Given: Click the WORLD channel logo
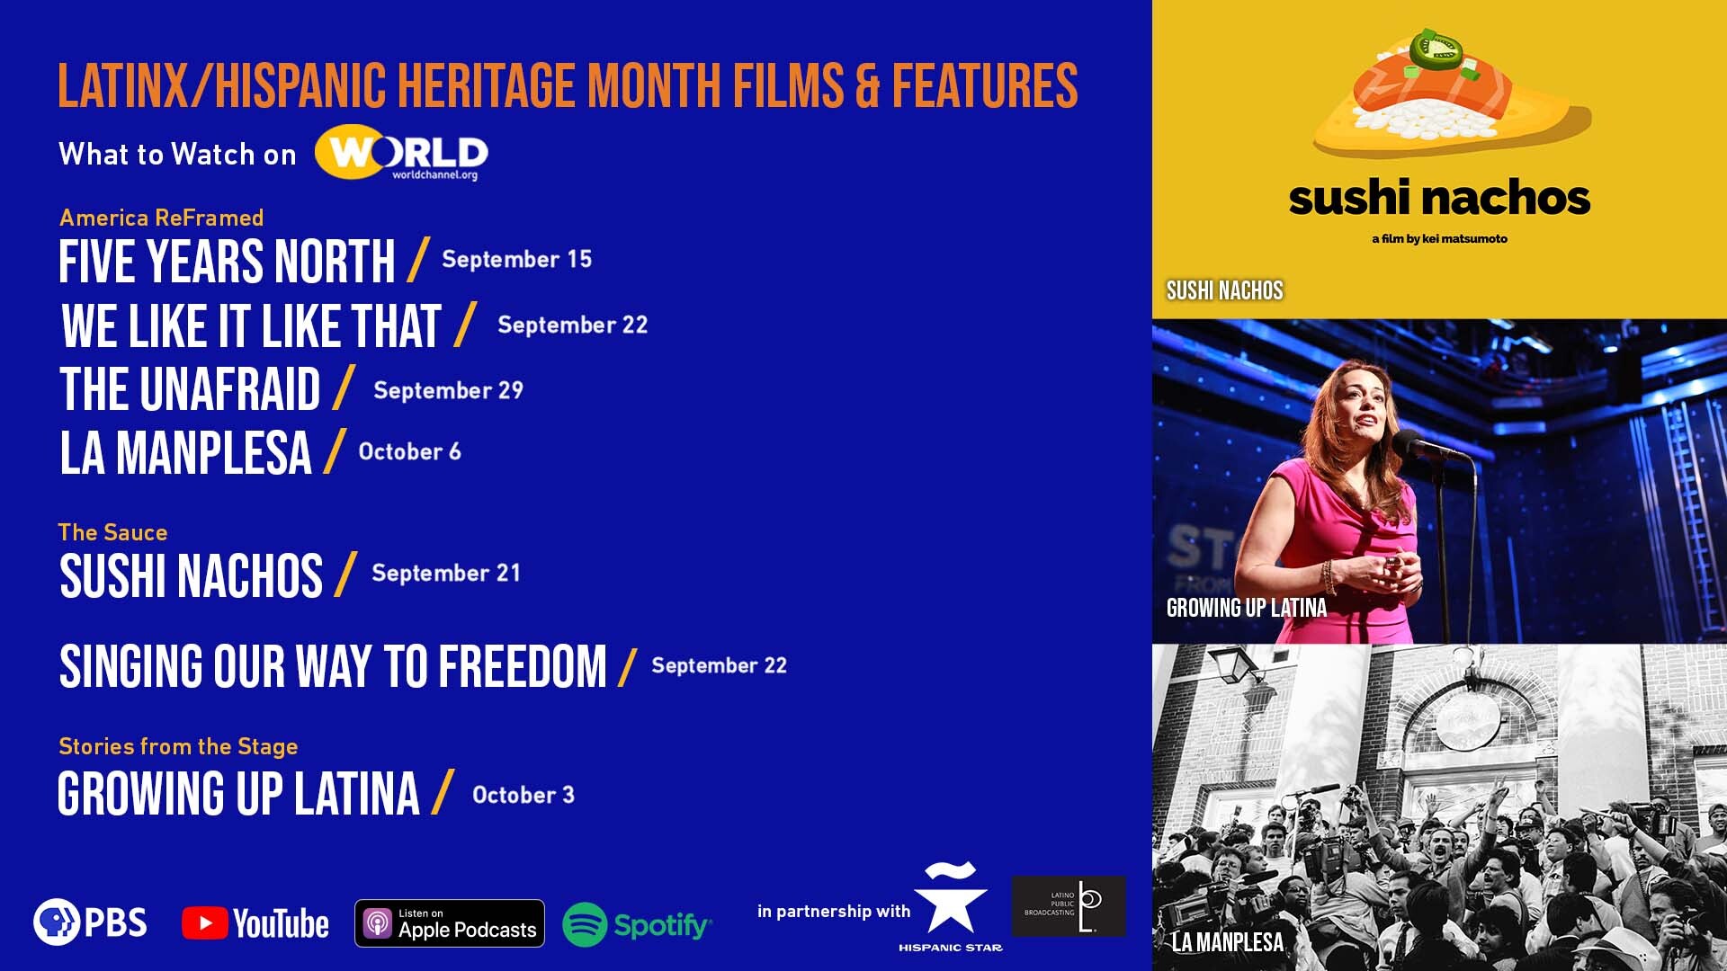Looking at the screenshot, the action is coord(401,152).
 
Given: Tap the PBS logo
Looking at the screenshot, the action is coord(90,922).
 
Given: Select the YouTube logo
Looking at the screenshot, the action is coord(255,923).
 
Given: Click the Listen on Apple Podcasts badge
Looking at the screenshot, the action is coord(450,923).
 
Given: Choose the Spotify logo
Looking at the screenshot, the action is coord(637,924).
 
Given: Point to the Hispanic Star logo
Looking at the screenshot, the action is coord(951,906).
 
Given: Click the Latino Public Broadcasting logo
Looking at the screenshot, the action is coord(1069,906).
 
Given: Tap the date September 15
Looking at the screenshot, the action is coord(517,259).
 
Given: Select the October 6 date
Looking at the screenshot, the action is coord(410,451).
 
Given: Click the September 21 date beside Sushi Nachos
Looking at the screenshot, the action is coord(446,573).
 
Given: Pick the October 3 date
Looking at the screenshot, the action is coord(523,795).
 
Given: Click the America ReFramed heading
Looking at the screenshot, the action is coord(162,218).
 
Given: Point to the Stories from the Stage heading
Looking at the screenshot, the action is coord(178,746).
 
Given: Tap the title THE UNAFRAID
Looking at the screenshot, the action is coord(190,389).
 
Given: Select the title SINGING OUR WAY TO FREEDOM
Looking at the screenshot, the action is coord(333,666).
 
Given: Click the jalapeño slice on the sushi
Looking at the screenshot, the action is coord(1436,49).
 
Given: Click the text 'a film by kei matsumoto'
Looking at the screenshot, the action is coord(1439,239).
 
